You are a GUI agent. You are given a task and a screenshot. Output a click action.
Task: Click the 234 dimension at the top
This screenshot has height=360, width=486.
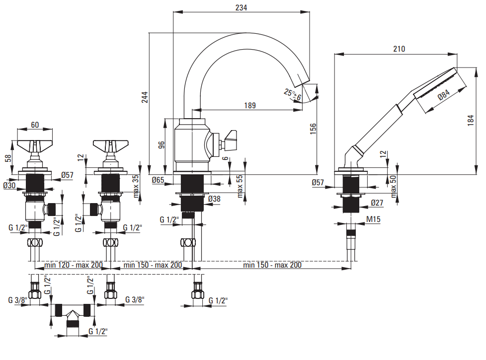click(241, 7)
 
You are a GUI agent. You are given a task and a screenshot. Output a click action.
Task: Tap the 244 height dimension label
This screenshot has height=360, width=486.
click(145, 97)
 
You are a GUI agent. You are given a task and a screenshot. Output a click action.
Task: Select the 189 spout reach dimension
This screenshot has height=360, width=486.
click(250, 105)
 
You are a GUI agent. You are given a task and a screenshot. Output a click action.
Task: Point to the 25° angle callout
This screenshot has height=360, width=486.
click(292, 94)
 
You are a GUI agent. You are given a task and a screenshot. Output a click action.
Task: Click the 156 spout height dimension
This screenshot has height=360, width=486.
click(313, 129)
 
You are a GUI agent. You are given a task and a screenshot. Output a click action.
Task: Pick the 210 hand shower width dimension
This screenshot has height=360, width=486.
click(399, 49)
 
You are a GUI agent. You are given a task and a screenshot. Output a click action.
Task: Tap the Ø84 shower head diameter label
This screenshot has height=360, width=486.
click(444, 94)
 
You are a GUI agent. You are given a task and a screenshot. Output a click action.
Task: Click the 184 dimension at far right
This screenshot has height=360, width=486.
click(471, 120)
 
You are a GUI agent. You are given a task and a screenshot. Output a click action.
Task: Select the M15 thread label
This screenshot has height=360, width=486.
click(373, 219)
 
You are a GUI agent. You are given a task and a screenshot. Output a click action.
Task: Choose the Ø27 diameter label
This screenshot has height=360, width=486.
click(377, 203)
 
